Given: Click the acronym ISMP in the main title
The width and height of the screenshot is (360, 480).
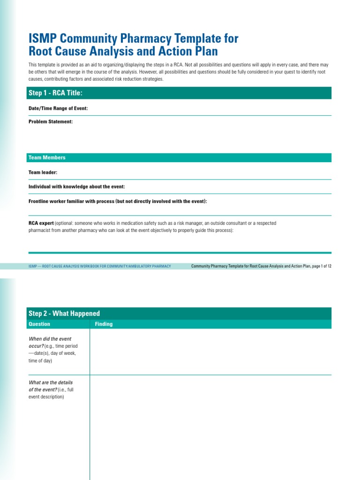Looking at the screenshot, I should [x=43, y=38].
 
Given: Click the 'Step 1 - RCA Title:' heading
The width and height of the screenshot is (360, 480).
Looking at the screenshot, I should [x=55, y=93].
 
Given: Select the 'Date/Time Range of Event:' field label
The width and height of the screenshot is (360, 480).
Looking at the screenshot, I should [x=58, y=108].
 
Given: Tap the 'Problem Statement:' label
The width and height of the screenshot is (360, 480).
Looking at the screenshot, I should [x=51, y=122].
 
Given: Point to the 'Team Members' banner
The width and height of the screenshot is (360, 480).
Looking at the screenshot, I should [x=47, y=158].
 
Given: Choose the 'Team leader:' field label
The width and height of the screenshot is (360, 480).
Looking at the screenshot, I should [x=43, y=172].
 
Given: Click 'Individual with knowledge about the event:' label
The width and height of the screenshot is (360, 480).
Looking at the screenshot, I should [x=76, y=187].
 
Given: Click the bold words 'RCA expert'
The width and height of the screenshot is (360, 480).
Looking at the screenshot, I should [x=41, y=224].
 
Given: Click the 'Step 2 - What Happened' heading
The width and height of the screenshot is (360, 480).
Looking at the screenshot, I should [x=64, y=314].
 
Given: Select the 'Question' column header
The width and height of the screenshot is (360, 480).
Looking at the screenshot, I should [x=39, y=324].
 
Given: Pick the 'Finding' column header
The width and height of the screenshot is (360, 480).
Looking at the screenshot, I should [x=104, y=324].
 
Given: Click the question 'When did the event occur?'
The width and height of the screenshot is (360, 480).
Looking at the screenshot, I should [x=50, y=342].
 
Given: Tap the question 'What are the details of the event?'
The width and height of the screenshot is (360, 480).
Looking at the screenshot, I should [x=51, y=386].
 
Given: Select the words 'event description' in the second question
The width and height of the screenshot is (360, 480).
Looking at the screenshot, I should [x=45, y=397].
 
